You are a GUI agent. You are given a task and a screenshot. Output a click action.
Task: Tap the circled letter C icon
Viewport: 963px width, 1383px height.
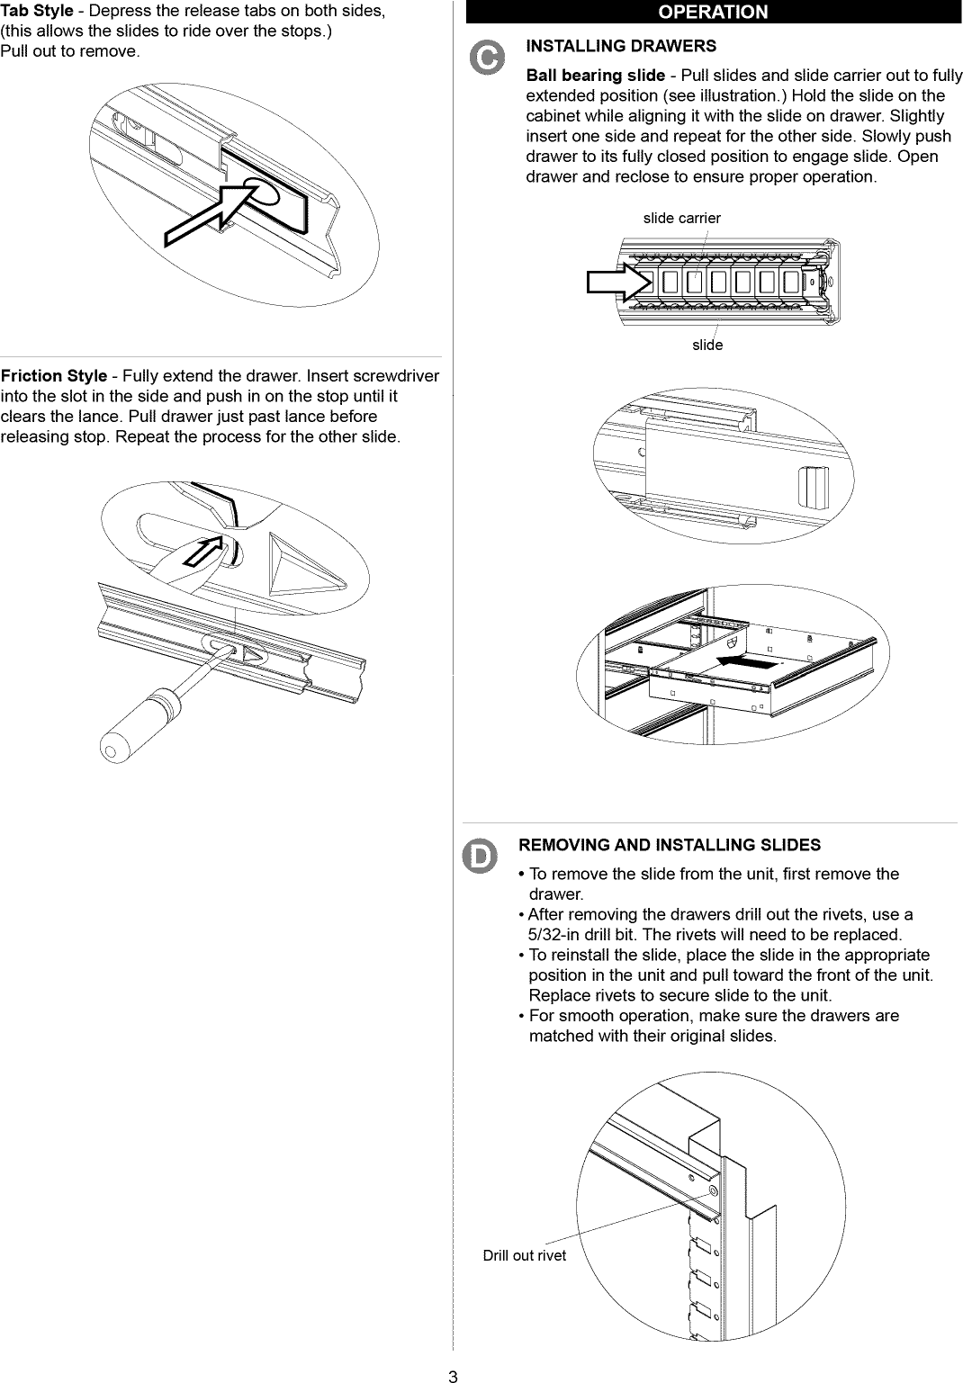tap(485, 58)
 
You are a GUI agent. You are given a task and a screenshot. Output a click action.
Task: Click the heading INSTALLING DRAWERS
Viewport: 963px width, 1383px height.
tap(620, 46)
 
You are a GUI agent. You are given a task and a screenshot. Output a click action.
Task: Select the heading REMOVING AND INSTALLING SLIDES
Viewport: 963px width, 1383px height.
tap(670, 845)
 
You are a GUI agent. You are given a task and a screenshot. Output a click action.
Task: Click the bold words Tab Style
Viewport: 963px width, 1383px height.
tap(37, 12)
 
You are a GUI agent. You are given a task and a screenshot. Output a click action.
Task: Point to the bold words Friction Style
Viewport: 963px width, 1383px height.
tap(54, 376)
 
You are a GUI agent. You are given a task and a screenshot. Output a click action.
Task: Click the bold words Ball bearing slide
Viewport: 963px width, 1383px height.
tap(595, 76)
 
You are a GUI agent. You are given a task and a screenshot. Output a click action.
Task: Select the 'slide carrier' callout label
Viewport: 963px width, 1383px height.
tap(681, 218)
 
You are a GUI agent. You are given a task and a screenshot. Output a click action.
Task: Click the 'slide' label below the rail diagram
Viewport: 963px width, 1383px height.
tap(707, 345)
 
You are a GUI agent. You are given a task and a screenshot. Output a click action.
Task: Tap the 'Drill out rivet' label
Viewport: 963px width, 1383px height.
tap(524, 1255)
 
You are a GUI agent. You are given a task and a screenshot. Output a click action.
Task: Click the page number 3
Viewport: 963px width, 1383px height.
tap(454, 1376)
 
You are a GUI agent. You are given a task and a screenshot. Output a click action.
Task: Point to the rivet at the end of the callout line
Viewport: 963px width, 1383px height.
tap(713, 1191)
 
